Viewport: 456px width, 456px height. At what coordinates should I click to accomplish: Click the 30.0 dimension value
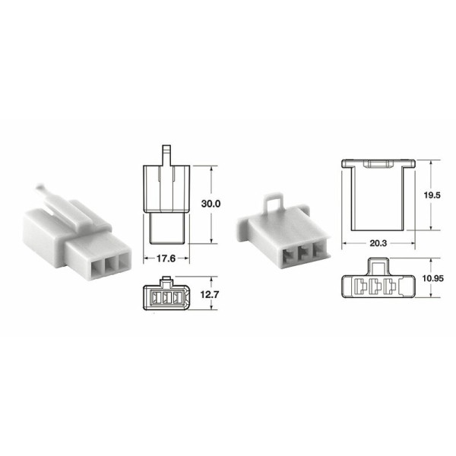pyautogui.click(x=210, y=204)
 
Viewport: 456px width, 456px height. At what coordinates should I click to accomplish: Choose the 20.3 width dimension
pyautogui.click(x=378, y=243)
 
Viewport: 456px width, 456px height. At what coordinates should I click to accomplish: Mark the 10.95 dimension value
pyautogui.click(x=432, y=280)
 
